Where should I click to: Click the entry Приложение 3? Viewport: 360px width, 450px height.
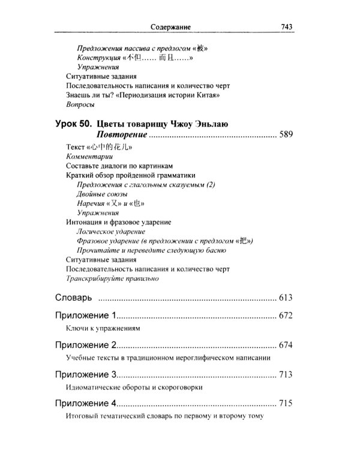[85, 374]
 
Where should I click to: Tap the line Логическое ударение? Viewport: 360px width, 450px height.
[112, 231]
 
